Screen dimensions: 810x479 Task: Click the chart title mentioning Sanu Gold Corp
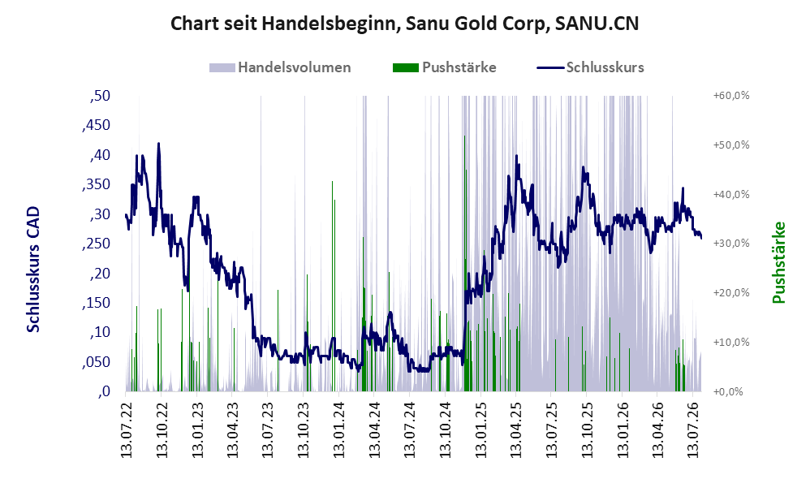coord(404,24)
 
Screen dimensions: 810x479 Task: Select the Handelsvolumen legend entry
coord(280,67)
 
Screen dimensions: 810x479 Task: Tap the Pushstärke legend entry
coord(444,67)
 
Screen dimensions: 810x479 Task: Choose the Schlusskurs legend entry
coord(590,67)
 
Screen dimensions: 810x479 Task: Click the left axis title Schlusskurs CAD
coord(33,270)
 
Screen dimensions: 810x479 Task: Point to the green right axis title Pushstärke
coord(778,262)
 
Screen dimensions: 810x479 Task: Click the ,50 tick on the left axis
coord(100,96)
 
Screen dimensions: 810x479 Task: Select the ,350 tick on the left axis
coord(96,184)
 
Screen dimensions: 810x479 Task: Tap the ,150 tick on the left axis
coord(96,303)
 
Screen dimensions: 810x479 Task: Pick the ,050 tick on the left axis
coord(96,362)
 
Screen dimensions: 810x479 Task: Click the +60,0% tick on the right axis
coord(731,96)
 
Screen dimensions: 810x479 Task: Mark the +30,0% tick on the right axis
coord(731,244)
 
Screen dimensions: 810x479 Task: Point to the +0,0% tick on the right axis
coord(728,391)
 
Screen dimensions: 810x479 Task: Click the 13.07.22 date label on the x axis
coord(126,427)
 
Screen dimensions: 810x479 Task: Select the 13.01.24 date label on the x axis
coord(339,427)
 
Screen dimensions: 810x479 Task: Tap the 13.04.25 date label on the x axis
coord(516,427)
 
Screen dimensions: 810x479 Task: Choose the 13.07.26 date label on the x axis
coord(694,427)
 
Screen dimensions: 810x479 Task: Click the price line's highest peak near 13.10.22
coord(158,144)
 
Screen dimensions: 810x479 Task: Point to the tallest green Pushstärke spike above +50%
coord(464,136)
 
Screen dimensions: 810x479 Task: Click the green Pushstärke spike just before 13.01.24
coord(332,182)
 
